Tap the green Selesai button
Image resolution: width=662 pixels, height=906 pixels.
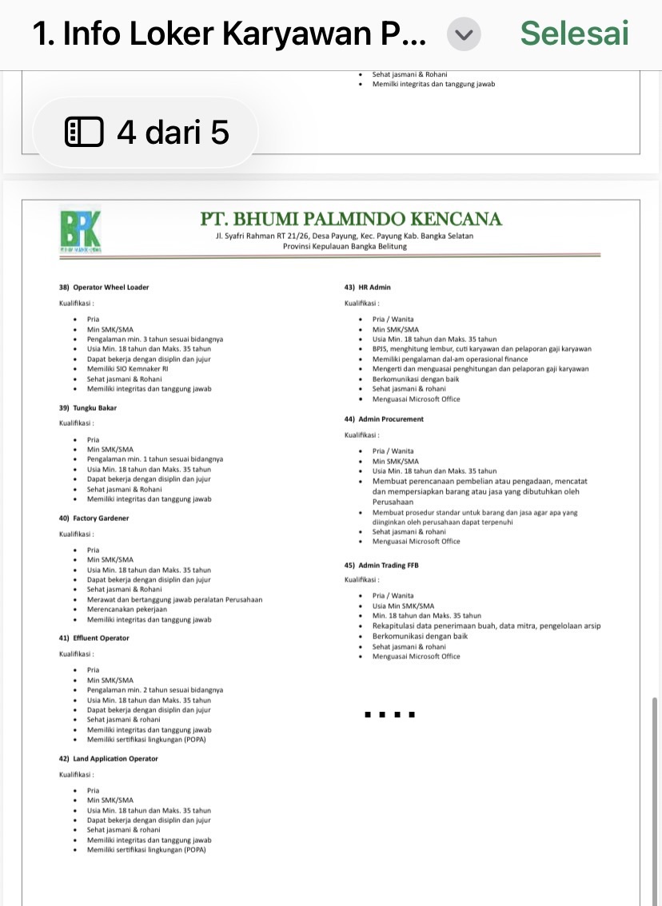point(574,34)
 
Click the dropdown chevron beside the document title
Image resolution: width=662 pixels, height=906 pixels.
point(467,34)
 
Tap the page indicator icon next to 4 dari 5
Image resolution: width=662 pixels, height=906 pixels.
point(84,132)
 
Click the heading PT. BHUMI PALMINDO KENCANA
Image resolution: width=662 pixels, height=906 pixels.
point(351,219)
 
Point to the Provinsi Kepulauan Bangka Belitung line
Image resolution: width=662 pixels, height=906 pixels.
point(345,246)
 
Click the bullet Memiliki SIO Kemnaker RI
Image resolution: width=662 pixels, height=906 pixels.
point(128,369)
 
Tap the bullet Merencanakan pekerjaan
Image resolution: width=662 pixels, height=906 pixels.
point(133,610)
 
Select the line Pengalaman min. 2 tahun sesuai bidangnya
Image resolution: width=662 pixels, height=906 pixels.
point(155,689)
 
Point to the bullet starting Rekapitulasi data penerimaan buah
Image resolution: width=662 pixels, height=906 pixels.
point(487,626)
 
